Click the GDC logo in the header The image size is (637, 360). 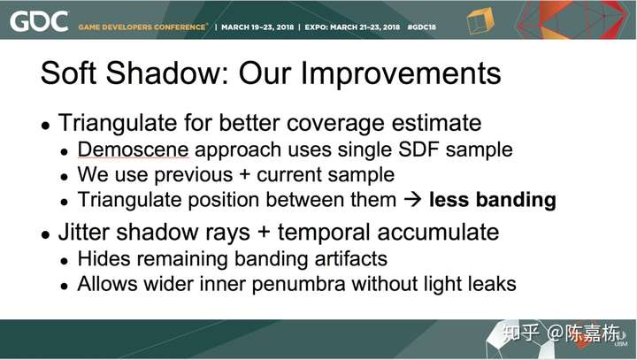(39, 21)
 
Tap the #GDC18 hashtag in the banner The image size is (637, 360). (421, 27)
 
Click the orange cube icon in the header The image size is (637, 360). (480, 20)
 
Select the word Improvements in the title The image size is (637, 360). (400, 73)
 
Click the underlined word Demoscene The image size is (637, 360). (133, 149)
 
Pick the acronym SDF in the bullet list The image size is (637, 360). (418, 149)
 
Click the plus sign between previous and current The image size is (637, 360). (244, 175)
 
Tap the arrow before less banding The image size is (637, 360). (413, 200)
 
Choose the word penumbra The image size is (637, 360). (298, 284)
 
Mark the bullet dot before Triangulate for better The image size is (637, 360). (45, 126)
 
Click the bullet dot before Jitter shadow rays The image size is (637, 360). (45, 234)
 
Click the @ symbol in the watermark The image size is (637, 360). (556, 333)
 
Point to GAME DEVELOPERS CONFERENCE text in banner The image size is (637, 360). (142, 27)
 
